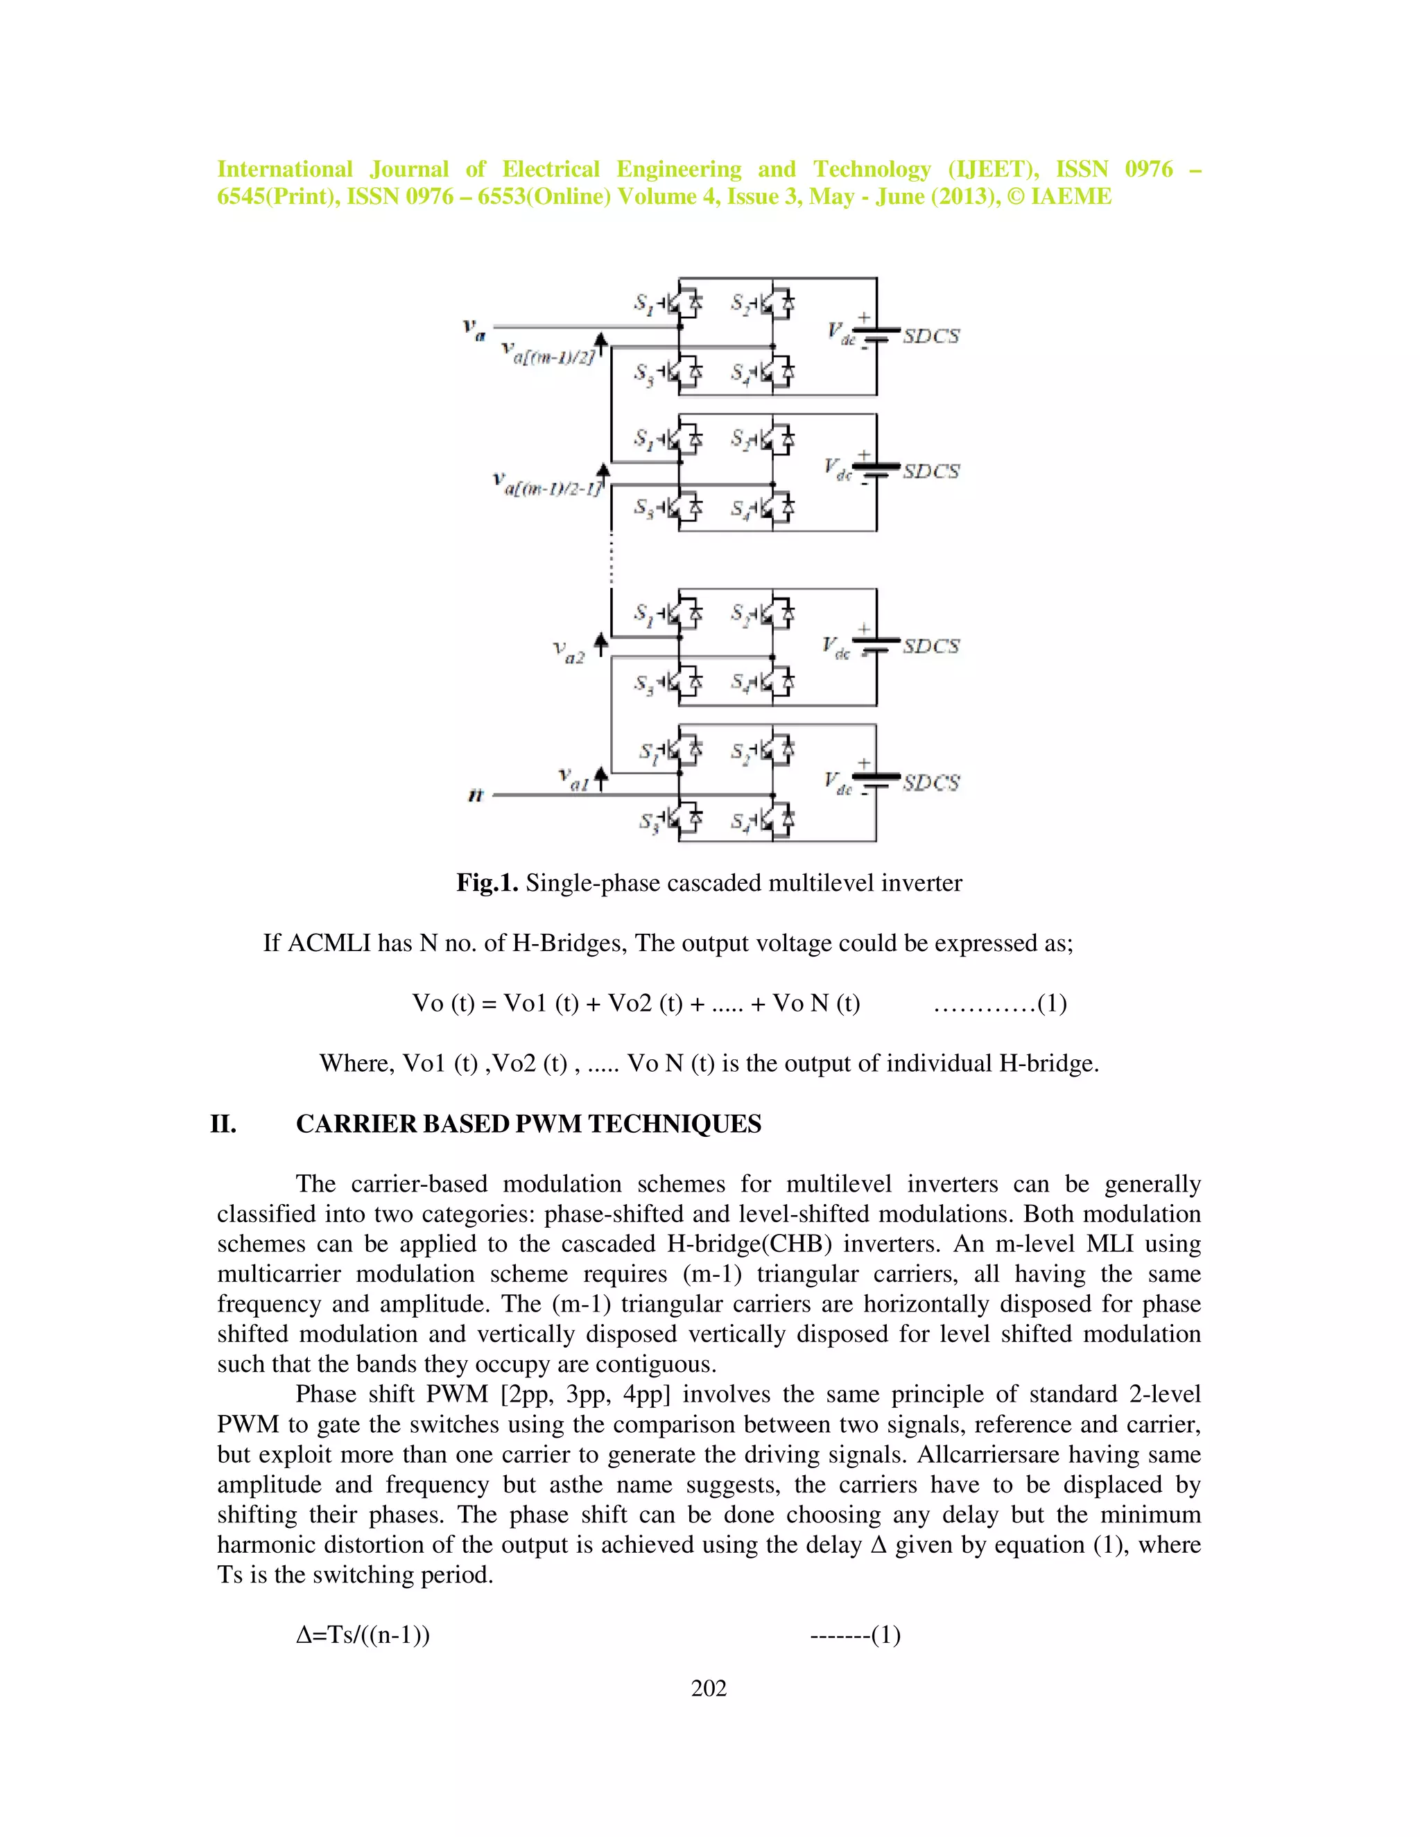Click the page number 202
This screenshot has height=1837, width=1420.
click(x=709, y=1687)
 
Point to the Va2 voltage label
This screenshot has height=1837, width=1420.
click(x=569, y=652)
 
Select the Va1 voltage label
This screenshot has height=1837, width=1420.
click(x=573, y=779)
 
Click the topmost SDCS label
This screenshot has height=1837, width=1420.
click(x=930, y=336)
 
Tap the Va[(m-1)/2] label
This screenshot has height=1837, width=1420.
click(x=548, y=354)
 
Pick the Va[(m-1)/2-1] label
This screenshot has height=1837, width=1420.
click(x=548, y=486)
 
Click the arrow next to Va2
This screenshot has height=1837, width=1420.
click(x=600, y=644)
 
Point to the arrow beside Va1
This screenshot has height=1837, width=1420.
click(x=600, y=778)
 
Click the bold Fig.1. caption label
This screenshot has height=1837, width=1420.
click(x=487, y=882)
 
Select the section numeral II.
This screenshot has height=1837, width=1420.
click(x=223, y=1124)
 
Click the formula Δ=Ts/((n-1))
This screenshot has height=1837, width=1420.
click(x=363, y=1635)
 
